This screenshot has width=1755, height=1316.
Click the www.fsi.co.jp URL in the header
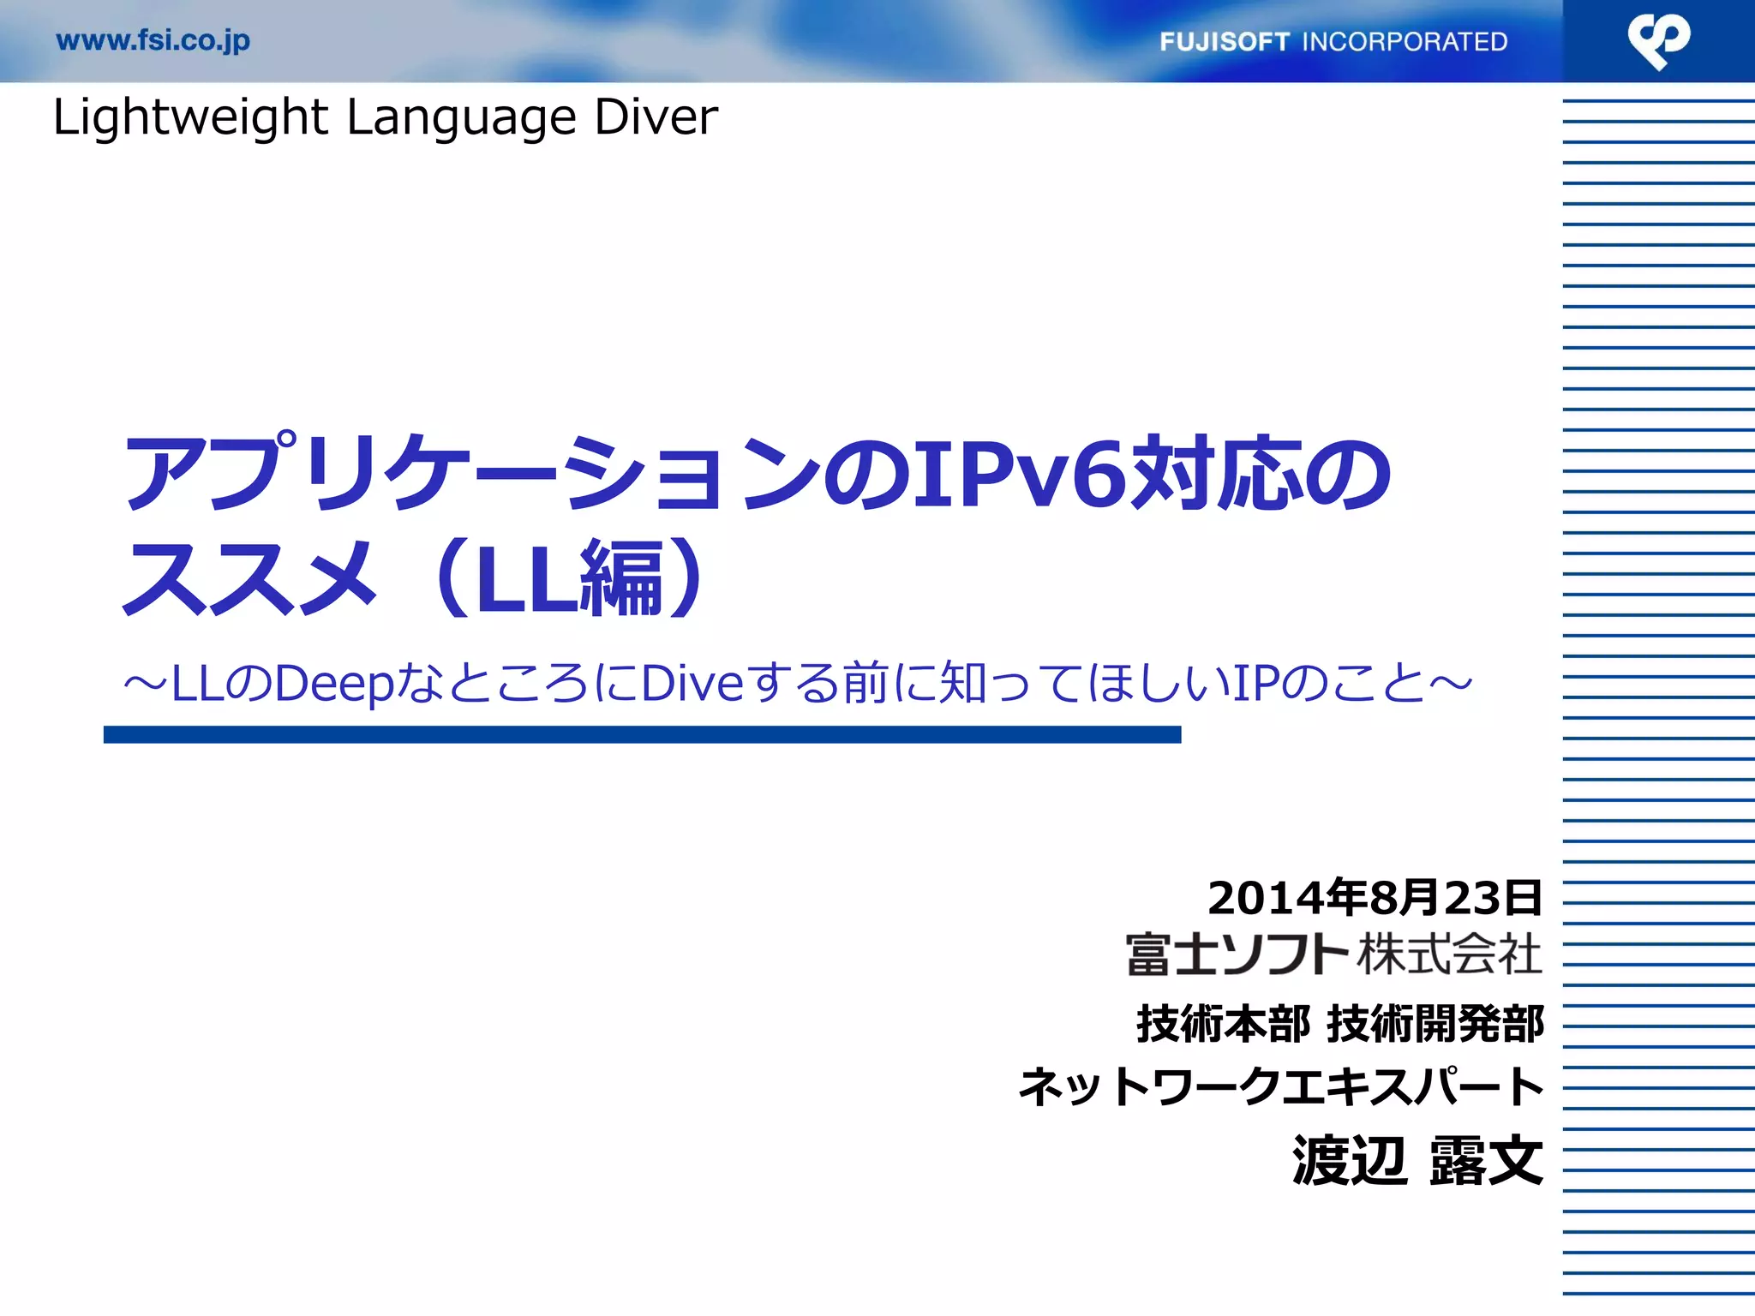tap(153, 41)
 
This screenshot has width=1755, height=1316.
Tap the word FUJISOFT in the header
tap(1225, 42)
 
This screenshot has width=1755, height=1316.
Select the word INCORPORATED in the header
tap(1405, 42)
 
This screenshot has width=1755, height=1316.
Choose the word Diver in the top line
tap(656, 117)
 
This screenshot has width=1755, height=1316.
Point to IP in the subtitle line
tap(1255, 684)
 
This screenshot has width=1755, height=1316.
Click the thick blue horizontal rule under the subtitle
tap(642, 734)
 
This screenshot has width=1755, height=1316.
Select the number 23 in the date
tap(1473, 898)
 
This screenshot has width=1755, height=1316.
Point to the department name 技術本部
tap(1223, 1024)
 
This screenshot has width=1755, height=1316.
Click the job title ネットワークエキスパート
tap(1281, 1086)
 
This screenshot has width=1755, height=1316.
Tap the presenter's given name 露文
tap(1486, 1161)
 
